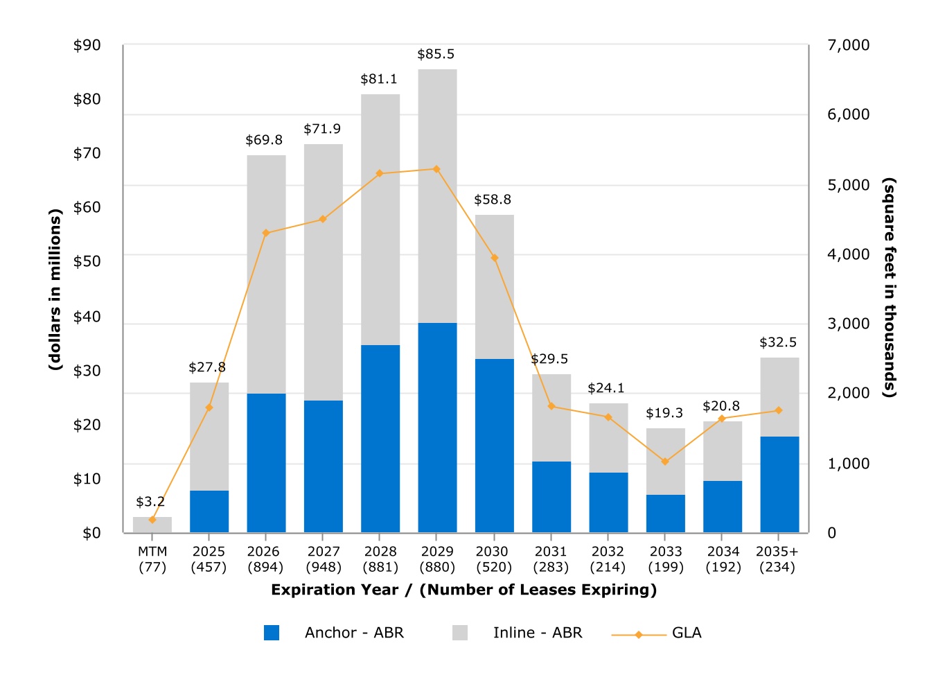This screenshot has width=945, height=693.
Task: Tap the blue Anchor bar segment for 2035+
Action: pos(779,484)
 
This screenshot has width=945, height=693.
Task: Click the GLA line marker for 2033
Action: pos(665,462)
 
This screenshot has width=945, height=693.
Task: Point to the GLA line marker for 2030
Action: pos(495,258)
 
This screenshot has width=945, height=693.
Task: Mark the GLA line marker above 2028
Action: pos(380,173)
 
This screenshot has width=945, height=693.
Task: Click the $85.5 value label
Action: pos(436,54)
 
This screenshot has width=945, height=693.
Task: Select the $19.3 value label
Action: pos(664,413)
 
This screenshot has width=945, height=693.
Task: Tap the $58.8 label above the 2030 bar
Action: pos(493,200)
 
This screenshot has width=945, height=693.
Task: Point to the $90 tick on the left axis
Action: pos(87,46)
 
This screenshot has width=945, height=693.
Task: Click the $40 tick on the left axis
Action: pos(87,317)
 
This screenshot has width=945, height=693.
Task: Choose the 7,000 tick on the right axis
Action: pos(848,46)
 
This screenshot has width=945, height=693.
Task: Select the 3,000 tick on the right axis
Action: pos(848,324)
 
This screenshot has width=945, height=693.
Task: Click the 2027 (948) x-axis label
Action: pos(324,559)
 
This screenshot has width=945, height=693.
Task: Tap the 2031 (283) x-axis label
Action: pos(551,559)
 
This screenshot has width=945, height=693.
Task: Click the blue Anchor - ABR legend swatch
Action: pos(272,633)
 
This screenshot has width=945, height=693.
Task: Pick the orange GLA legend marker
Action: pos(639,635)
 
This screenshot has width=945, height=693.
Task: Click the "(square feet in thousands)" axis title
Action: pos(890,288)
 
